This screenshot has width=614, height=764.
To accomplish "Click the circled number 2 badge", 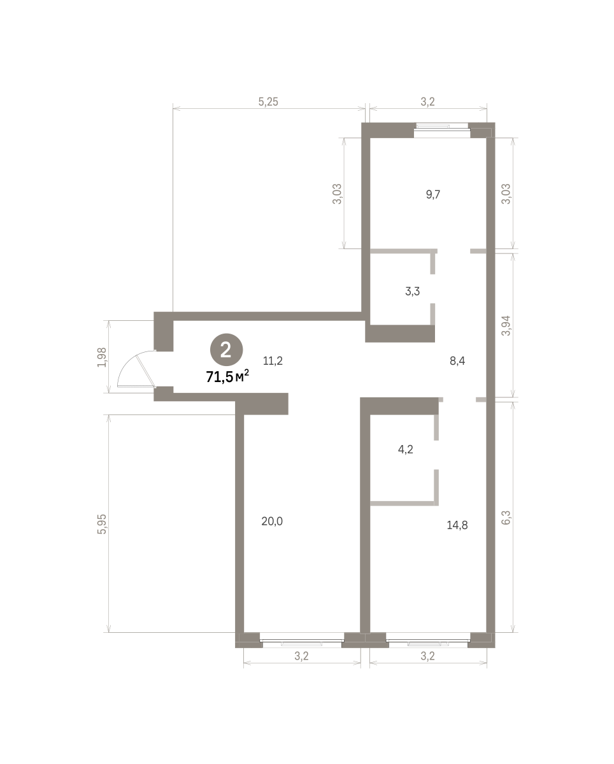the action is click(x=227, y=350).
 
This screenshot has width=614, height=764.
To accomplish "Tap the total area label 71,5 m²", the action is click(x=227, y=376).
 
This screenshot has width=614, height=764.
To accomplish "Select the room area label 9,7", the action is click(x=433, y=195).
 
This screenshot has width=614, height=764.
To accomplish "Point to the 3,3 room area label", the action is click(x=412, y=292).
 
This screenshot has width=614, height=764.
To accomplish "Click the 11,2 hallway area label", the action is click(x=273, y=361).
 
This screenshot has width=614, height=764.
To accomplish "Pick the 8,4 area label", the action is click(x=457, y=361).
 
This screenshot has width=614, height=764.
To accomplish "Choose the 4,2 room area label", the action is click(x=405, y=450).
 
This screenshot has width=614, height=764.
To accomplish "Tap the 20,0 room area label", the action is click(x=272, y=521).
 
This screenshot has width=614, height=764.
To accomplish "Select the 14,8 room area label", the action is click(x=457, y=525).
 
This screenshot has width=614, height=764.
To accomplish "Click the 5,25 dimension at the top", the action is click(x=268, y=102).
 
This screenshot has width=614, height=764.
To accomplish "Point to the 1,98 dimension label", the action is click(x=102, y=357).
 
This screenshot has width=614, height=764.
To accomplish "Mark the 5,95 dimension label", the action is click(x=102, y=524).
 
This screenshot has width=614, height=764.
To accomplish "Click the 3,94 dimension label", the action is click(x=506, y=325).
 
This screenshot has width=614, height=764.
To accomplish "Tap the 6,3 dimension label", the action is click(x=506, y=518).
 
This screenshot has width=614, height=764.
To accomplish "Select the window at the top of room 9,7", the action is click(x=442, y=127).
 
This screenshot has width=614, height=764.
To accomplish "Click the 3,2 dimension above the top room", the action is click(x=427, y=102).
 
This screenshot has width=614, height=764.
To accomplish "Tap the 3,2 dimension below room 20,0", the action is click(x=301, y=656).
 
